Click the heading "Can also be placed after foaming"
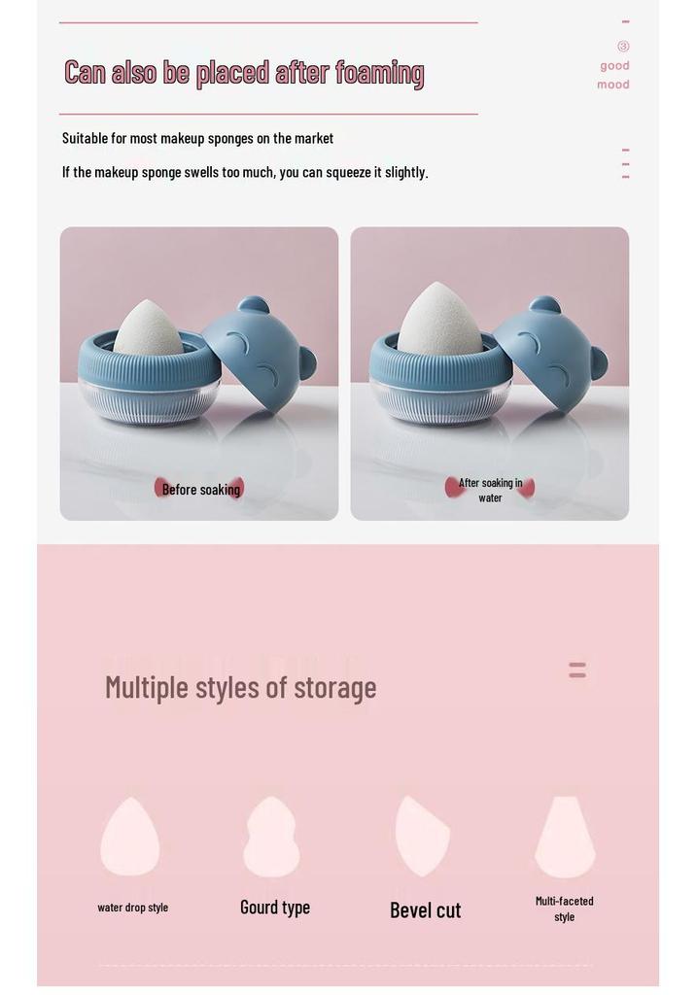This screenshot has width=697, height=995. click(x=244, y=73)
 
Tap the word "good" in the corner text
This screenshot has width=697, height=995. click(x=614, y=65)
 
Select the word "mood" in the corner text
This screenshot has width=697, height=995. click(x=613, y=85)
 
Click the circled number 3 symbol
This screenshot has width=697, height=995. click(x=623, y=46)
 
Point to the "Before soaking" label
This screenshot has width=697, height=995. click(x=201, y=490)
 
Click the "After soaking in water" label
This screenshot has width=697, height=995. click(x=490, y=490)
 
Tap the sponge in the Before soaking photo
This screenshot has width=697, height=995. click(x=147, y=328)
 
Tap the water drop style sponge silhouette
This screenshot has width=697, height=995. click(x=130, y=837)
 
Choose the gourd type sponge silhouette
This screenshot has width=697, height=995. click(x=271, y=837)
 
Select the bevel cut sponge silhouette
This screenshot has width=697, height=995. click(x=422, y=836)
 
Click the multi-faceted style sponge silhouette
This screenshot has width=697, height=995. click(x=565, y=837)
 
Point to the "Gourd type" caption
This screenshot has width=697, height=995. click(x=275, y=908)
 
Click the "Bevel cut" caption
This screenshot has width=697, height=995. click(x=426, y=909)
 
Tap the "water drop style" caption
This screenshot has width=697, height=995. click(x=132, y=908)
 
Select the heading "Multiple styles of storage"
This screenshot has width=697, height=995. click(x=240, y=688)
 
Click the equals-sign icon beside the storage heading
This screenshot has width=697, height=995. click(x=577, y=670)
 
